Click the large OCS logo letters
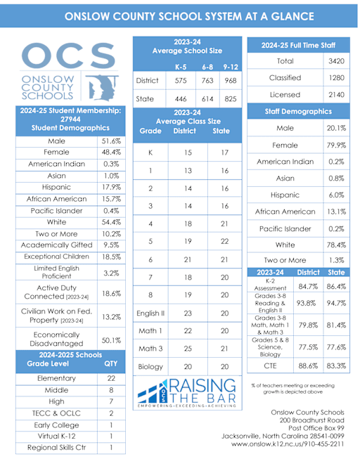click(67, 57)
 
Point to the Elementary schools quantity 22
click(110, 378)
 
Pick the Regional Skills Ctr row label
click(58, 446)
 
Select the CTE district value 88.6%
click(308, 365)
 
